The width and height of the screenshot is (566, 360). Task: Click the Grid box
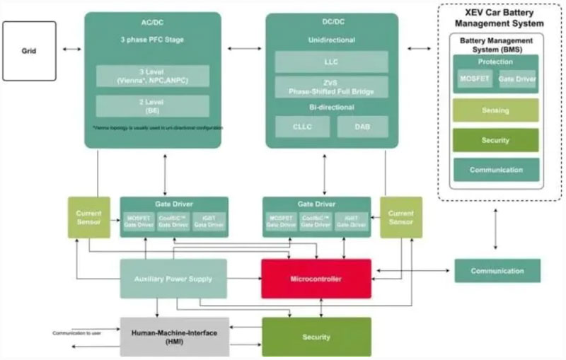point(29,50)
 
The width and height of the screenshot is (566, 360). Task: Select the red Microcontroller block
point(316,279)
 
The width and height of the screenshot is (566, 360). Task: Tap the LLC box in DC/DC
point(332,62)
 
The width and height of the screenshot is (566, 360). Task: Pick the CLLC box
point(302,127)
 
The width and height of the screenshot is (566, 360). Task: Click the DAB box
point(362,127)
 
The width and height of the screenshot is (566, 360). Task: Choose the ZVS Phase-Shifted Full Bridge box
point(332,88)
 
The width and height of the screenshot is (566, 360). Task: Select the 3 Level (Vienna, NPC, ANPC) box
point(152,76)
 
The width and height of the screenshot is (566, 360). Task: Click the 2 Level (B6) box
point(152,106)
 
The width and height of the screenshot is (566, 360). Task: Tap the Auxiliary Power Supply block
point(173,279)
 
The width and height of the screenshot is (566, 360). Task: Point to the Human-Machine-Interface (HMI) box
point(174,337)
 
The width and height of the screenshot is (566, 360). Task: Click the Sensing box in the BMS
point(495,110)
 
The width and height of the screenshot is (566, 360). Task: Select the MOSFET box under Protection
point(475,80)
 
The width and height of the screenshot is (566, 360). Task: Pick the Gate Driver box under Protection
point(517,80)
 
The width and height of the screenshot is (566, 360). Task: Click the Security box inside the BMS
point(495,140)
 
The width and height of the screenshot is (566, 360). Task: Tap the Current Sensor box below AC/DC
point(89,217)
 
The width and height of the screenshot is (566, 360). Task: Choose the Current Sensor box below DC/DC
point(401,217)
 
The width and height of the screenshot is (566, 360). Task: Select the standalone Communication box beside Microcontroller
point(497,270)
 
